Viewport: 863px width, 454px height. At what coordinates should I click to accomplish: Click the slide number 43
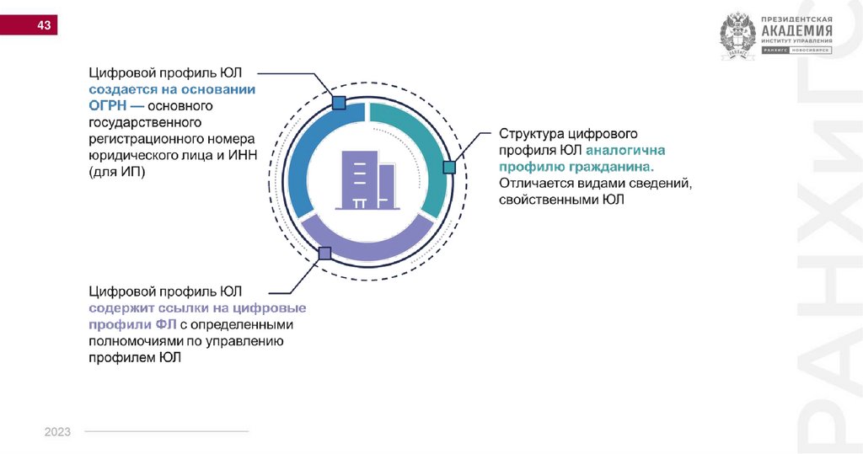pyautogui.click(x=44, y=26)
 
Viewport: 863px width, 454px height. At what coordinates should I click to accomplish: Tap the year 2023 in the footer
pyautogui.click(x=57, y=432)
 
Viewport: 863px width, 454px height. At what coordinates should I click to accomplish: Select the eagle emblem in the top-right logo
pyautogui.click(x=738, y=37)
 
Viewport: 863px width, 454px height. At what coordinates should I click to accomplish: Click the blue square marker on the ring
pyautogui.click(x=339, y=103)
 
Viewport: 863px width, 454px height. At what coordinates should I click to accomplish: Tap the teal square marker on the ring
pyautogui.click(x=449, y=167)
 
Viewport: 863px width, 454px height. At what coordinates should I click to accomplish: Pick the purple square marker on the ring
pyautogui.click(x=324, y=252)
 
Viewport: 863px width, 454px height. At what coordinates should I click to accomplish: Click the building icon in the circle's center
pyautogui.click(x=366, y=179)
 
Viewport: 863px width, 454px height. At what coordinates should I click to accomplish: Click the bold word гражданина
pyautogui.click(x=614, y=167)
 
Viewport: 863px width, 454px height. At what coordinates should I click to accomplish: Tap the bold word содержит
pyautogui.click(x=120, y=307)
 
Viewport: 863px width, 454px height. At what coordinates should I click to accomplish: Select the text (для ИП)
pyautogui.click(x=116, y=172)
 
